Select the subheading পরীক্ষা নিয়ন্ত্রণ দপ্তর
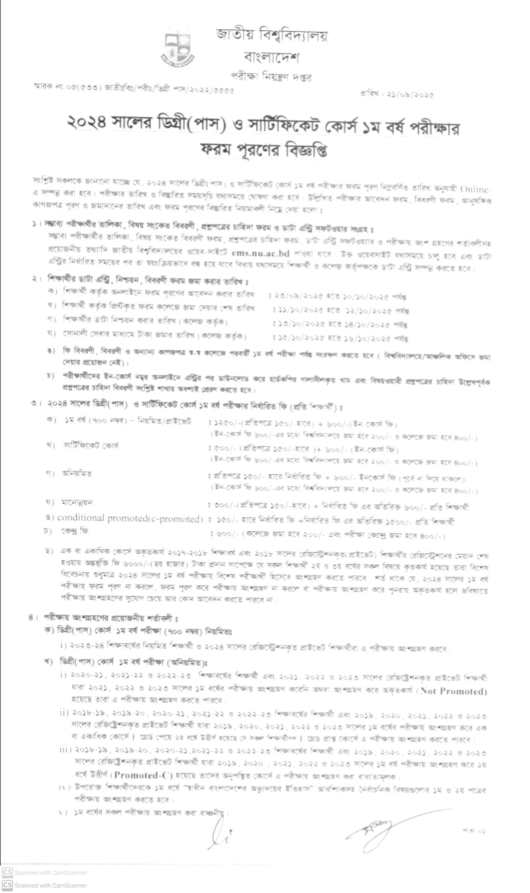(x=271, y=77)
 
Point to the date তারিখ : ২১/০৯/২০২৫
(x=397, y=95)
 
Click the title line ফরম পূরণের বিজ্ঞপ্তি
(x=264, y=150)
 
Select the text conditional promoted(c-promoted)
(x=130, y=518)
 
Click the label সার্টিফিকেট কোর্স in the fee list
(x=91, y=445)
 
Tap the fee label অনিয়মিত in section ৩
(x=77, y=474)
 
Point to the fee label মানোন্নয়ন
(x=77, y=503)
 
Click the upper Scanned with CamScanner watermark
(x=45, y=873)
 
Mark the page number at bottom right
(x=474, y=831)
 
